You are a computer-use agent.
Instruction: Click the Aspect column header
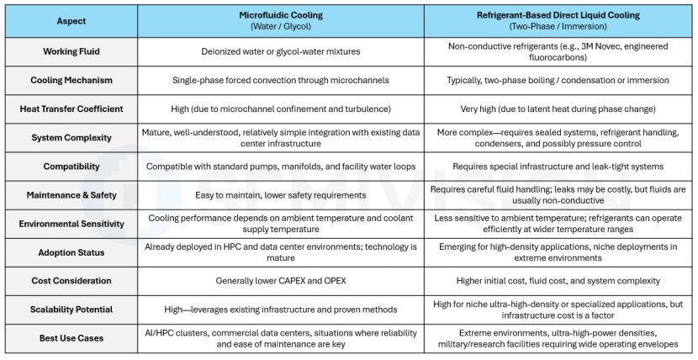point(71,21)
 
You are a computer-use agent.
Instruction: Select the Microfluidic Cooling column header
point(281,15)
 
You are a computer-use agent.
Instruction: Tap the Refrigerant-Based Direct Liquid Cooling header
point(558,15)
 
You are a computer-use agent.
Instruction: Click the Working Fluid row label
point(71,51)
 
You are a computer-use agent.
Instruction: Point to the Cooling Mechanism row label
point(71,80)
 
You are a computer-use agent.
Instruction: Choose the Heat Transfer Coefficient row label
point(71,109)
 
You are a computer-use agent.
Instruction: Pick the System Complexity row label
point(71,137)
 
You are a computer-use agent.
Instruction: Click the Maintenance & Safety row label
point(71,195)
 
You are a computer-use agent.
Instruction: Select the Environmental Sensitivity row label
point(71,224)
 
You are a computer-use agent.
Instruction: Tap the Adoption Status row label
point(71,252)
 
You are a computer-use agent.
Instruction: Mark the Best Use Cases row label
point(71,338)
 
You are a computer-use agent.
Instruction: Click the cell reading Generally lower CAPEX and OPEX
point(281,281)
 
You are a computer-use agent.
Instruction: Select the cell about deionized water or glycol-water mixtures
point(281,51)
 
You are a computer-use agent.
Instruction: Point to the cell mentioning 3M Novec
point(558,51)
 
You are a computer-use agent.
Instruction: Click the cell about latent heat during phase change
point(558,109)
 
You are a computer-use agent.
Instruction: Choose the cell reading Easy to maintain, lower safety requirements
point(281,195)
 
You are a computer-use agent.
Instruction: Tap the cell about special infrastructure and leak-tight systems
point(558,167)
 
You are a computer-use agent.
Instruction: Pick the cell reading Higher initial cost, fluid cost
point(558,281)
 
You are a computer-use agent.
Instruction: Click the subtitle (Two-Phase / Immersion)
point(558,27)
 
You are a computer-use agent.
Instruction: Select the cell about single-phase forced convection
point(281,80)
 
